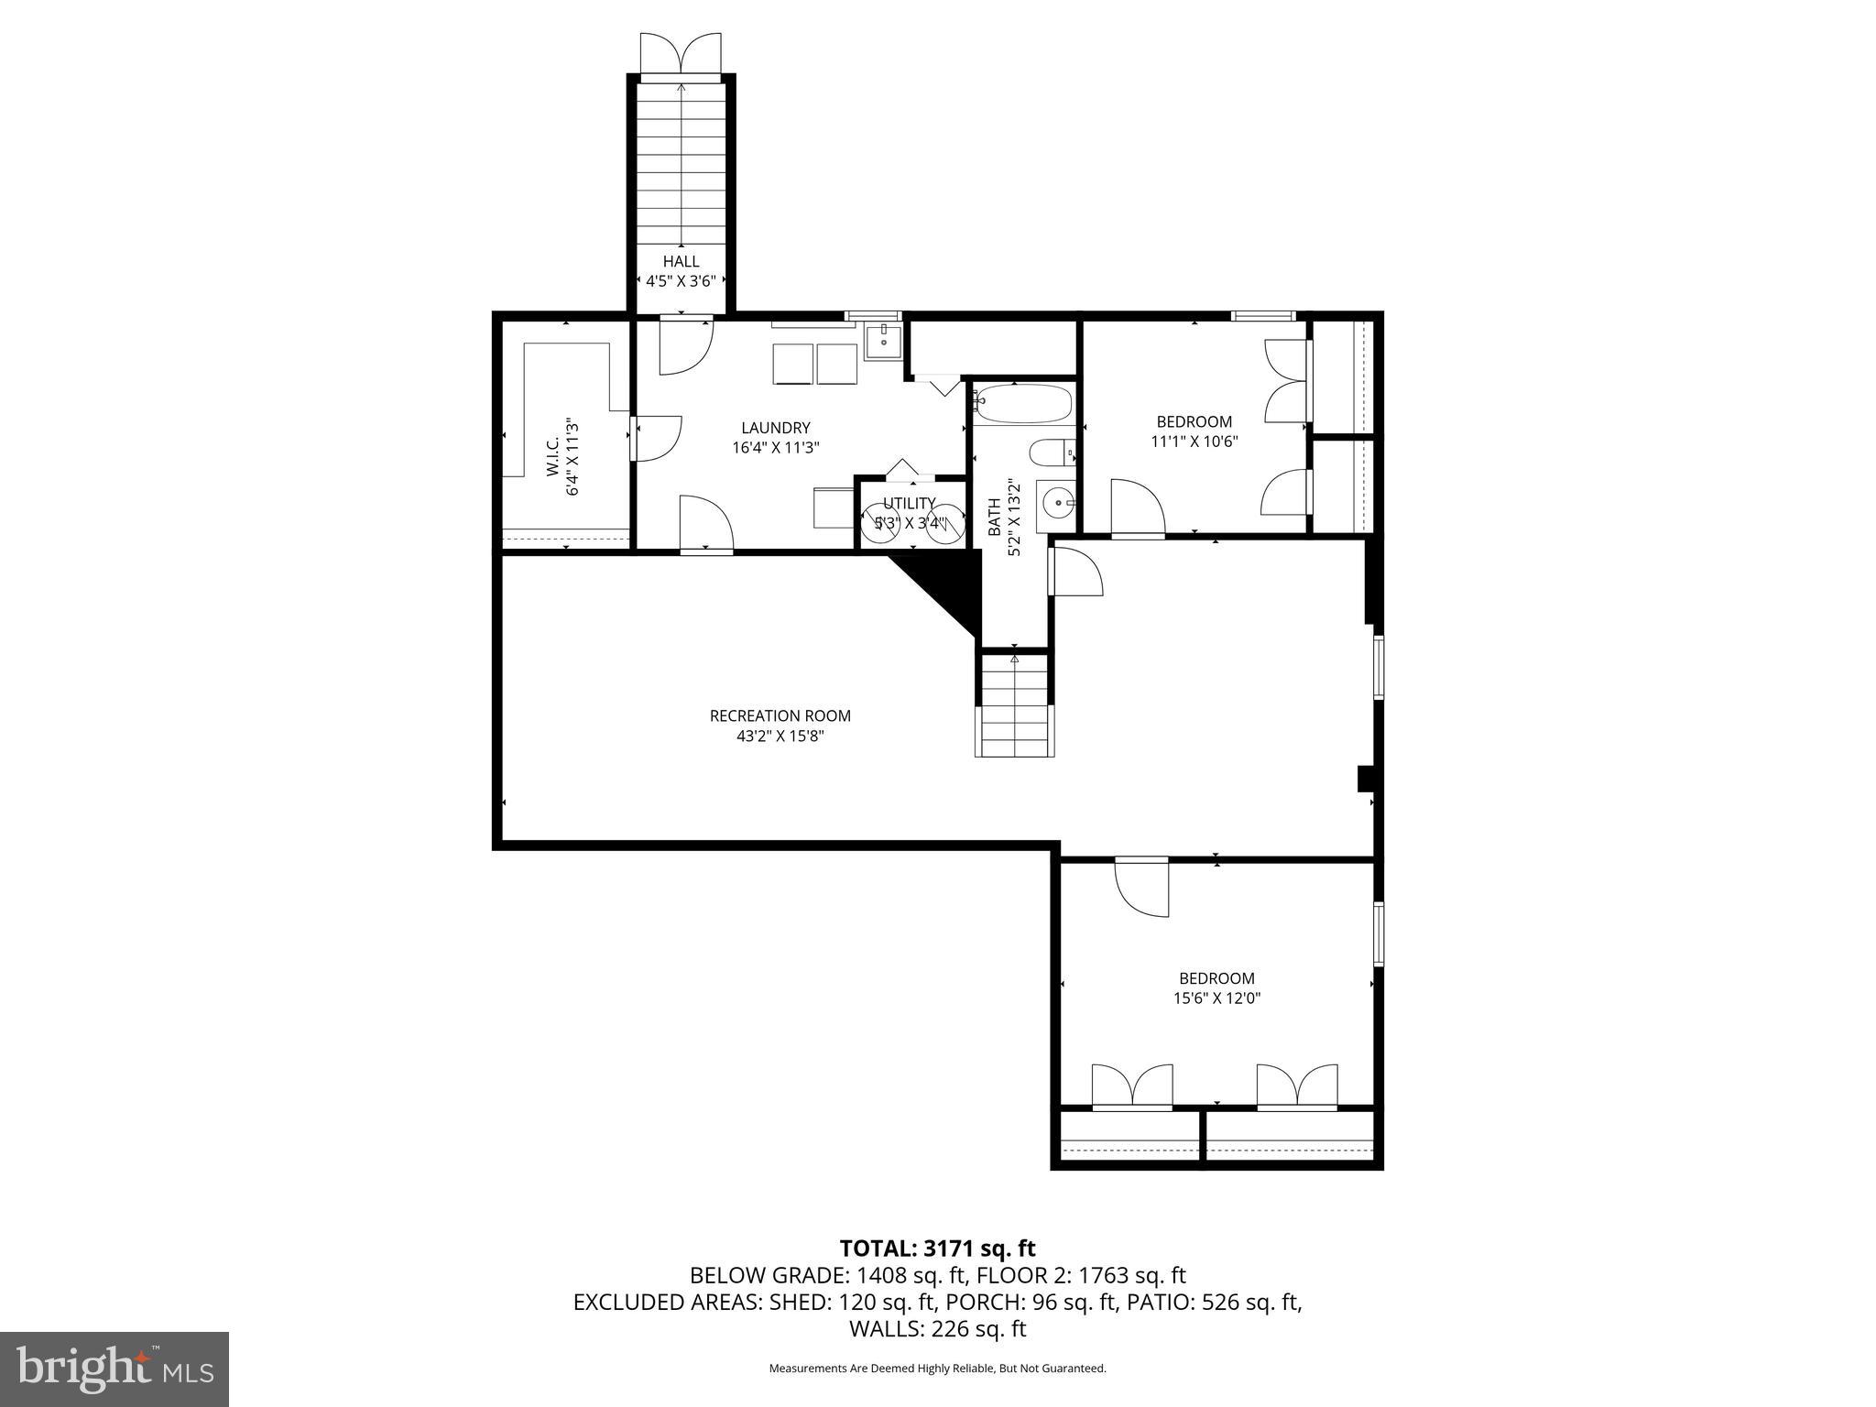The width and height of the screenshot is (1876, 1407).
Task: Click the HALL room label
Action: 681,262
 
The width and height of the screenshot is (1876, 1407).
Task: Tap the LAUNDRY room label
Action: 776,428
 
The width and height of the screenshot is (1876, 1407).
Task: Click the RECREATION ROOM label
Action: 780,716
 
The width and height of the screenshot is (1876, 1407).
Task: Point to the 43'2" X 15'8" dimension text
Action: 780,736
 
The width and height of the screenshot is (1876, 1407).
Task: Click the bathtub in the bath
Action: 1023,404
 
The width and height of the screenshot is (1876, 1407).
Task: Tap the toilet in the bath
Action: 1050,453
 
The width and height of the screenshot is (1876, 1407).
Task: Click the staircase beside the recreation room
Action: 1014,705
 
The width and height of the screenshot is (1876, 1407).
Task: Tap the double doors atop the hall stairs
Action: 681,53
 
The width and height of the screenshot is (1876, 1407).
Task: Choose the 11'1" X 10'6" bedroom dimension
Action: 1194,442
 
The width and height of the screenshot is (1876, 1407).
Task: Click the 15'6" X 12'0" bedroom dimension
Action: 1216,998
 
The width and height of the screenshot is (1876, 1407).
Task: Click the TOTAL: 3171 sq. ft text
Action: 937,1248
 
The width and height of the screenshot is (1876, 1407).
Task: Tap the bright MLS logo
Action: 115,1369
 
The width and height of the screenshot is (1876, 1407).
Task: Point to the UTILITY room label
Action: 909,504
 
